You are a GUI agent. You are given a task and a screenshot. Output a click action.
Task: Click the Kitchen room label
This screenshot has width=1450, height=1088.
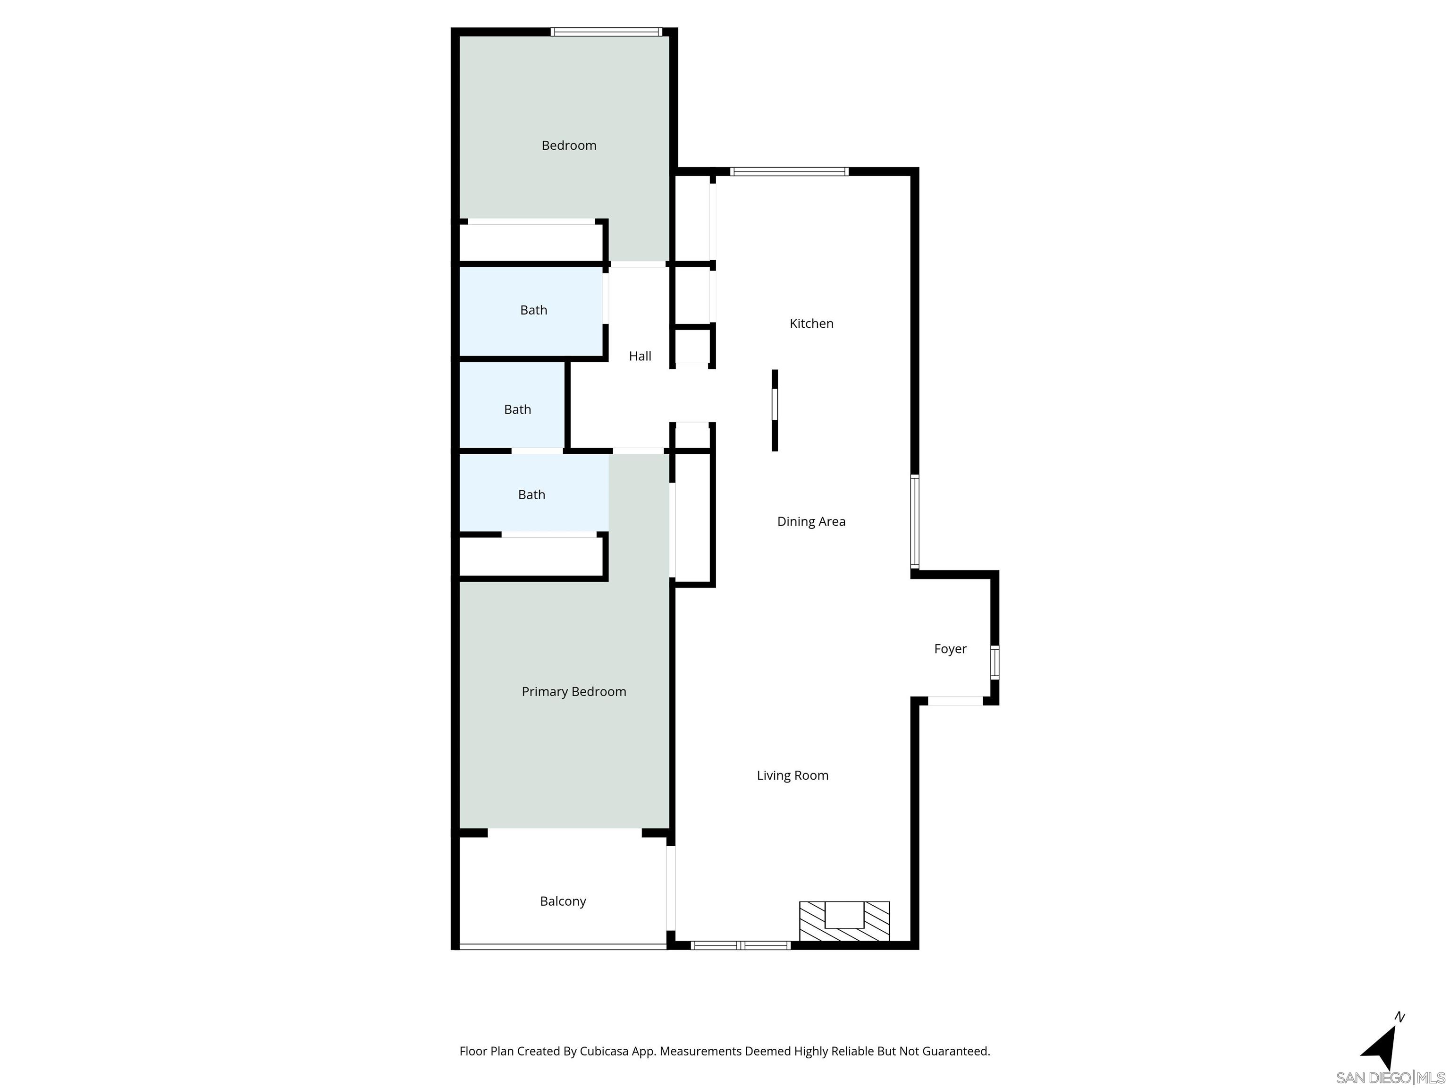tap(811, 323)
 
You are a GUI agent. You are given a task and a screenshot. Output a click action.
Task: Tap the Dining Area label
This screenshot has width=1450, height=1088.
tap(811, 521)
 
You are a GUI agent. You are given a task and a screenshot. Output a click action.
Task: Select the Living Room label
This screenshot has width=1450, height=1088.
tap(792, 775)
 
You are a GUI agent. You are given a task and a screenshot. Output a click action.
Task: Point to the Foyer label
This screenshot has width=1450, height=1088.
tap(950, 649)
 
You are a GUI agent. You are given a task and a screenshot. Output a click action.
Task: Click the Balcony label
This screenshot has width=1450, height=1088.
tap(563, 901)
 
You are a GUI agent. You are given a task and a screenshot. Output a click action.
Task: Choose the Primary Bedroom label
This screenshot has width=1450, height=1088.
tap(573, 691)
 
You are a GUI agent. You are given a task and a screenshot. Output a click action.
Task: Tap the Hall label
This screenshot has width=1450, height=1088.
tap(640, 356)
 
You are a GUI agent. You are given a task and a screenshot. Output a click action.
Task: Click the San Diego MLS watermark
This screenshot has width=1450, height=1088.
tap(1390, 1078)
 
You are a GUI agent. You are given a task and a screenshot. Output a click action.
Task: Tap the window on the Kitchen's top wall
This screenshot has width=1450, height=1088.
tap(789, 172)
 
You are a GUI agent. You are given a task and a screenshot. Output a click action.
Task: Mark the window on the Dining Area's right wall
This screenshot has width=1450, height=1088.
tap(914, 521)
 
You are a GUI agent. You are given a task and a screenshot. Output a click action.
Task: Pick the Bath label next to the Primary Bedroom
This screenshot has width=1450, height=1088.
tap(531, 494)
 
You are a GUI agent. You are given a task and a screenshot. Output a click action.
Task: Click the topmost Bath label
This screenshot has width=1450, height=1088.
tap(533, 310)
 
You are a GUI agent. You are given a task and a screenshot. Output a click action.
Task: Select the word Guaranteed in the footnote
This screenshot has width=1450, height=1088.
tap(956, 1051)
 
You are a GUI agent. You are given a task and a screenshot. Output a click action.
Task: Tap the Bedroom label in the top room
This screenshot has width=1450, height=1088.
tap(568, 145)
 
